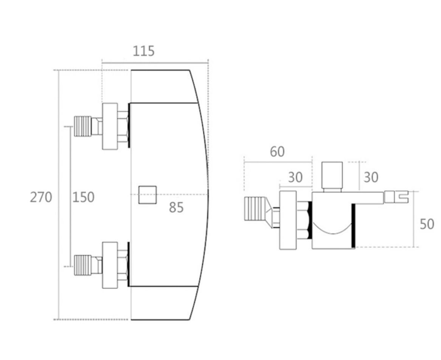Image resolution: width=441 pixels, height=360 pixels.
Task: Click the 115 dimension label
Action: (x=143, y=51)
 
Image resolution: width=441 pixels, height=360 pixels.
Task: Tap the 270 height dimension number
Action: (x=41, y=197)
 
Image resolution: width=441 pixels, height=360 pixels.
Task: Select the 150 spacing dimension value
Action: (x=83, y=197)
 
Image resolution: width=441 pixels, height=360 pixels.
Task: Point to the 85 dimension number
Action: (x=176, y=208)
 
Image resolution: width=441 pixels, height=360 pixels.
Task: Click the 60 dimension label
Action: (x=277, y=152)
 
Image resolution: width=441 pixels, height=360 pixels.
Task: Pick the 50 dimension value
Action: (x=427, y=224)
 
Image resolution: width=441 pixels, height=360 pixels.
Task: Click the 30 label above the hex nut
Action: (x=295, y=177)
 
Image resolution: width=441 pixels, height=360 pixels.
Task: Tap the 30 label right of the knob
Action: (x=371, y=177)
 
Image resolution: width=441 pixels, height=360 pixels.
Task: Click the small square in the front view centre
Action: (x=148, y=195)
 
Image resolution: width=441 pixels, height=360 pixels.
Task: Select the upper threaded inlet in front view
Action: (x=83, y=126)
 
